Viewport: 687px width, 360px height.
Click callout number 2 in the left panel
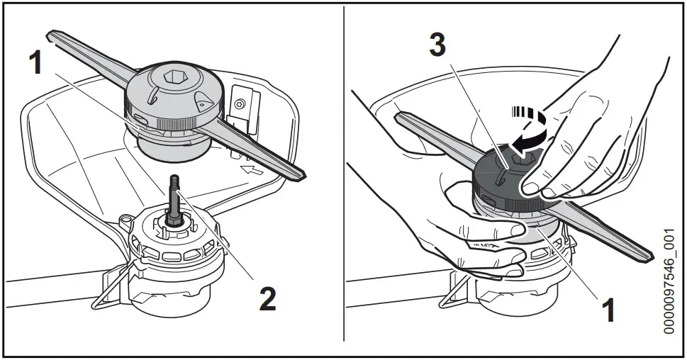pos(267,298)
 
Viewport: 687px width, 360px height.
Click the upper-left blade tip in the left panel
pos(51,35)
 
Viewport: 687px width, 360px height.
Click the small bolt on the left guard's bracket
pos(240,104)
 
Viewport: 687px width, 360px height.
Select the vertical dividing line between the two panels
pos(344,177)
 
